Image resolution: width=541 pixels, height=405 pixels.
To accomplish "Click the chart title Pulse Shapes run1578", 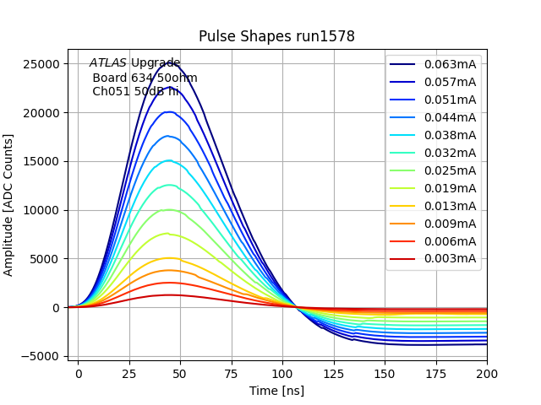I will coord(276,36).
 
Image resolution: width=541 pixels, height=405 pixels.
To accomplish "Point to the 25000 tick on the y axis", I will coord(40,64).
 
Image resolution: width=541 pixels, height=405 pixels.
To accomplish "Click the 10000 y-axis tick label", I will coord(40,210).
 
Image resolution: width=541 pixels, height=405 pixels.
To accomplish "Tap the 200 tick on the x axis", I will coord(487,372).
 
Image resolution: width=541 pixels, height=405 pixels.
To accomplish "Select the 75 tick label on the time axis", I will coord(232,372).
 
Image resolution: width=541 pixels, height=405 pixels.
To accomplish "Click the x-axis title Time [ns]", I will coord(276,391).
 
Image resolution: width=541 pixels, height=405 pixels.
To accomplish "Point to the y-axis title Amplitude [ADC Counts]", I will coord(9,205).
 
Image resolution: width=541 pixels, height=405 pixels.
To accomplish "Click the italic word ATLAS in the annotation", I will coord(108,62).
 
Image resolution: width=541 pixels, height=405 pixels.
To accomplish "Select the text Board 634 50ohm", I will coord(145,78).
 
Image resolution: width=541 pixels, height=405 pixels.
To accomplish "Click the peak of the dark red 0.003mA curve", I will coord(170,294).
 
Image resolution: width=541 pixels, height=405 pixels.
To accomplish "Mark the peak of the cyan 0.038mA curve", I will coord(170,160).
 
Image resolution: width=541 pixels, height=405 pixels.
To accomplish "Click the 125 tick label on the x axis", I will coord(334,372).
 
